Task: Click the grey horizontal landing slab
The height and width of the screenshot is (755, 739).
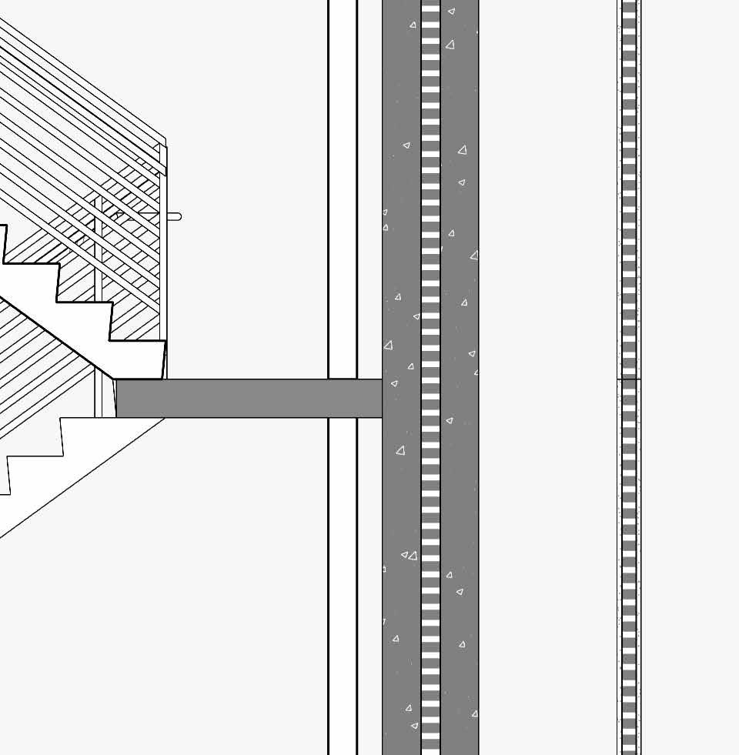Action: (246, 398)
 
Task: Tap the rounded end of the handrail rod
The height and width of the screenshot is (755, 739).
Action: (178, 216)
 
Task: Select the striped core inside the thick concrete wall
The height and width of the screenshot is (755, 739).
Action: (430, 308)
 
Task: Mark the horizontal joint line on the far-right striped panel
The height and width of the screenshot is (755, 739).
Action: (630, 379)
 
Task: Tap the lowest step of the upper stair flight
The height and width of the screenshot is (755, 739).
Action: (137, 359)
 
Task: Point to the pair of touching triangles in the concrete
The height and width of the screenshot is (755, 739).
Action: (409, 555)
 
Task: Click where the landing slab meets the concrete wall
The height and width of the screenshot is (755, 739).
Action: (383, 398)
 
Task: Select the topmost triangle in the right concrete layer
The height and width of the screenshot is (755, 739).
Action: (452, 12)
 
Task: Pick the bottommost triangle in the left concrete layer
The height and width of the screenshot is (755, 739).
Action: (414, 726)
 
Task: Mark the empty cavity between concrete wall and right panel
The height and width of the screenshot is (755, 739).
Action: (547, 385)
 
